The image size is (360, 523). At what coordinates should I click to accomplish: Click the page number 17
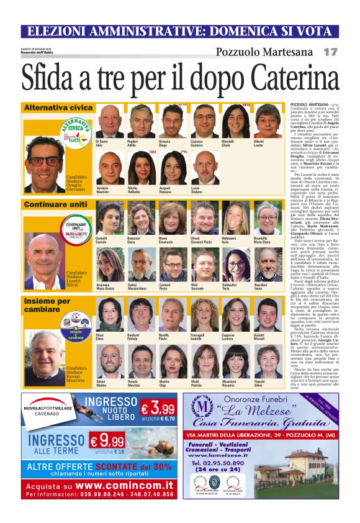[330, 52]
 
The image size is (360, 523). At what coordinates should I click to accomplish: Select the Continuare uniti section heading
[55, 204]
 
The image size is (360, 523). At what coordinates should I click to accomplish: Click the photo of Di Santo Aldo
[109, 122]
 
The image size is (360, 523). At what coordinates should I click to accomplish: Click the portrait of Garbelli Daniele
[109, 219]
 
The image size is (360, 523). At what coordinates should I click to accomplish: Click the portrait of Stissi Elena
[109, 314]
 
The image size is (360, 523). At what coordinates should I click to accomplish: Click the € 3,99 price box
[157, 410]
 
